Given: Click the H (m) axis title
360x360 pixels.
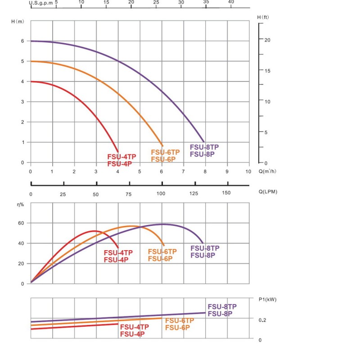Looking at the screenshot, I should (17, 22).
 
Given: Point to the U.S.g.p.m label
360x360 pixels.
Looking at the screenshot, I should (40, 2).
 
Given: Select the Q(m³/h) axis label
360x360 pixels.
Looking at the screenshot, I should (268, 171).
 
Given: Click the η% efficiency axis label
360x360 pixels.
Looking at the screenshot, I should (20, 205).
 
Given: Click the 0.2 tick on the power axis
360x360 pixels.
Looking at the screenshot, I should (262, 320).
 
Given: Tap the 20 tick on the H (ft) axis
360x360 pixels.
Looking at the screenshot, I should (267, 40).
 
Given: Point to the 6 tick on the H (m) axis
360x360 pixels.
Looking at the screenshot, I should (22, 41).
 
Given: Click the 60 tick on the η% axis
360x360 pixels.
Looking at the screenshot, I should (20, 223).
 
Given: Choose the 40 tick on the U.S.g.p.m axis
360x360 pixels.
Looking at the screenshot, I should (231, 2).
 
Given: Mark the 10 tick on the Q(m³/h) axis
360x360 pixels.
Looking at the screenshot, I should (248, 171).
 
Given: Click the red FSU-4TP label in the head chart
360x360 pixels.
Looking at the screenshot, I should (121, 157).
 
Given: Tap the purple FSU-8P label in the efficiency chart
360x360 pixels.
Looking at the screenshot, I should (203, 255).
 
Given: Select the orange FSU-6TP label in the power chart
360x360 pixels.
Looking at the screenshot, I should (180, 321).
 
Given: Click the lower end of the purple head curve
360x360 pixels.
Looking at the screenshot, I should (204, 142).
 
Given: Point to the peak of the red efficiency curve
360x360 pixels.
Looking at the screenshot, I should (94, 231).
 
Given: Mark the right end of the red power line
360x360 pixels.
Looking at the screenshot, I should (118, 324).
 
